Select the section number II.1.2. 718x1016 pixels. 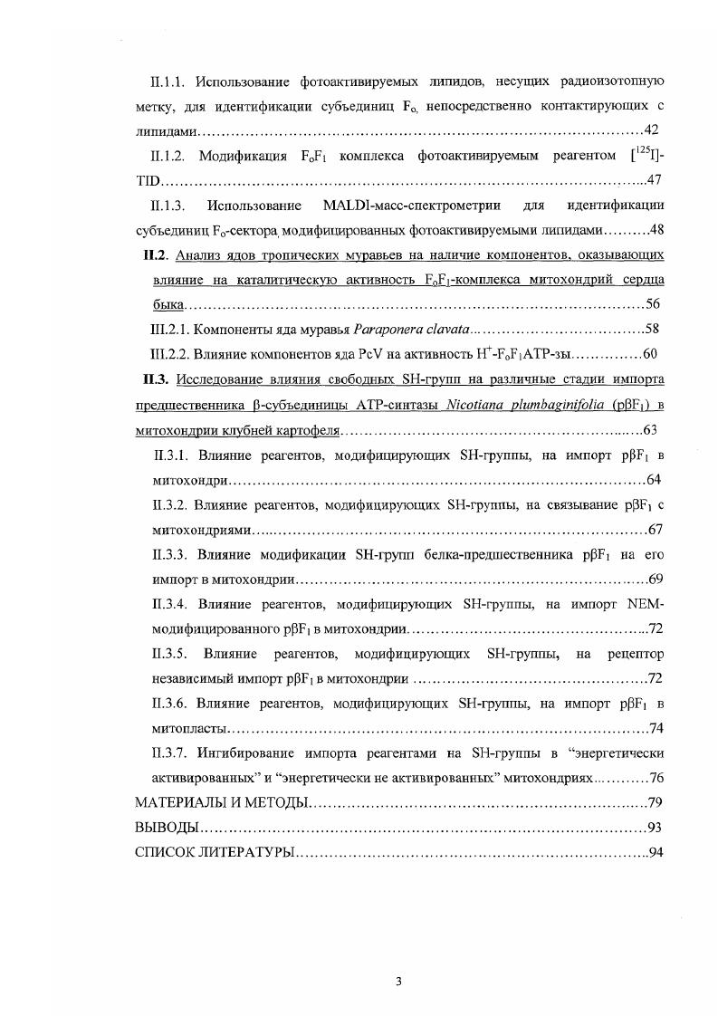coord(168,156)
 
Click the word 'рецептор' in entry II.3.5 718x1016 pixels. coord(635,653)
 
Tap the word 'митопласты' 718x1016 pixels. coord(187,727)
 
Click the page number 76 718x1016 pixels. coord(657,777)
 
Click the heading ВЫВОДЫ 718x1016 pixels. coord(166,827)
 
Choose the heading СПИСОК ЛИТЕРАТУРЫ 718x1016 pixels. coord(213,852)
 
